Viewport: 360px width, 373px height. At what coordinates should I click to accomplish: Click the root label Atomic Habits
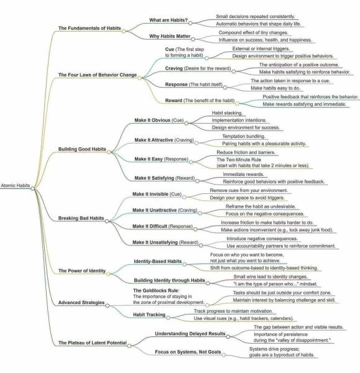click(x=16, y=185)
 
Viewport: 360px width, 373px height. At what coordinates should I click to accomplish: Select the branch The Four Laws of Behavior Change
click(x=98, y=75)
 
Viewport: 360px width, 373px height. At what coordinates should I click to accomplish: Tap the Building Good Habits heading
click(x=82, y=149)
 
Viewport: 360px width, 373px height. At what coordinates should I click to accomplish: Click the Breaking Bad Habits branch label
click(x=81, y=218)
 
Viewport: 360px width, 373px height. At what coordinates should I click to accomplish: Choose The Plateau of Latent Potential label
click(x=92, y=343)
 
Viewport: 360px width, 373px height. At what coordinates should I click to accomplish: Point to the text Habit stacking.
click(x=227, y=113)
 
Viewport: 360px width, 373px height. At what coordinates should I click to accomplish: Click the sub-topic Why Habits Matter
click(x=170, y=36)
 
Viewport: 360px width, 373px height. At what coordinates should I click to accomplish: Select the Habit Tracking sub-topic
click(x=149, y=315)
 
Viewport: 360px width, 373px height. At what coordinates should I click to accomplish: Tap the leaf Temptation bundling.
click(x=244, y=136)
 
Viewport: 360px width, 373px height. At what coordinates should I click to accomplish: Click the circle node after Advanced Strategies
click(x=108, y=305)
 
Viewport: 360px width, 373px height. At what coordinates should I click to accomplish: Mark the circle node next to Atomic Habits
click(x=32, y=188)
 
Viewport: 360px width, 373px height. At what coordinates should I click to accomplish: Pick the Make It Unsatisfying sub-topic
click(x=155, y=242)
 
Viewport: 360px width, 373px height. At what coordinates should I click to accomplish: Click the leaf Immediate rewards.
click(x=243, y=174)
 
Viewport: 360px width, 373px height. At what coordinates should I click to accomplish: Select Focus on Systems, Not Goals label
click(x=188, y=352)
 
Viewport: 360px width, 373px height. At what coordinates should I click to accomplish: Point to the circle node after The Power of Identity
click(x=108, y=274)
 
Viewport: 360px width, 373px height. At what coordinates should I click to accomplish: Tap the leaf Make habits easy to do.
click(x=275, y=88)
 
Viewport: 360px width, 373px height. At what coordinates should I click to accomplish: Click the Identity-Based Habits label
click(x=158, y=262)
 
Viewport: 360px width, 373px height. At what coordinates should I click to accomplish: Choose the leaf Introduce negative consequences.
click(x=262, y=239)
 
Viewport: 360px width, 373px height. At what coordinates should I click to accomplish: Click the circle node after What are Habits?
click(x=190, y=23)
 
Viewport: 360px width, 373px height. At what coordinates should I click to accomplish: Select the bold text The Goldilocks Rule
click(x=155, y=290)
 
